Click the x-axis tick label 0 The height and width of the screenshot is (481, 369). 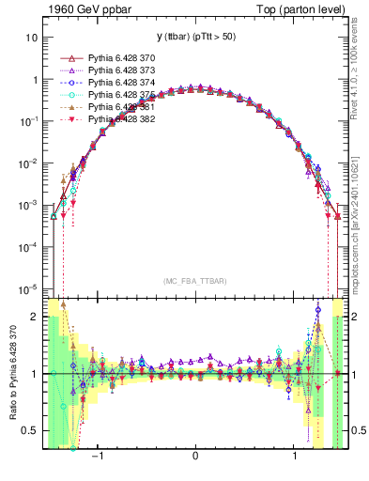pos(195,458)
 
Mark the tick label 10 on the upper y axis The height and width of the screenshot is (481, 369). pos(32,39)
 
